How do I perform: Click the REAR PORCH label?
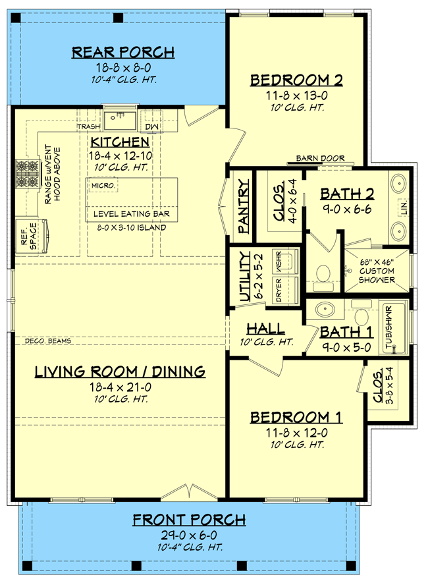click(122, 51)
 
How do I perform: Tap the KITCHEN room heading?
click(120, 142)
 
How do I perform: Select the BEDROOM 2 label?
click(297, 80)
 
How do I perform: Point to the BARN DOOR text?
click(315, 158)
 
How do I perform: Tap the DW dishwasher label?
click(152, 126)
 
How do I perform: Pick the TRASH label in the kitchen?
click(88, 126)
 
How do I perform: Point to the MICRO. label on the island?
click(103, 186)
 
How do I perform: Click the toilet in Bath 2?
click(322, 276)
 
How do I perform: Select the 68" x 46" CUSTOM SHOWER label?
click(377, 271)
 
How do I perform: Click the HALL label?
click(265, 329)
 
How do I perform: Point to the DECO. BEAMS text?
click(47, 341)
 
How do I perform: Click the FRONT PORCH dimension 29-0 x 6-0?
click(189, 534)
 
